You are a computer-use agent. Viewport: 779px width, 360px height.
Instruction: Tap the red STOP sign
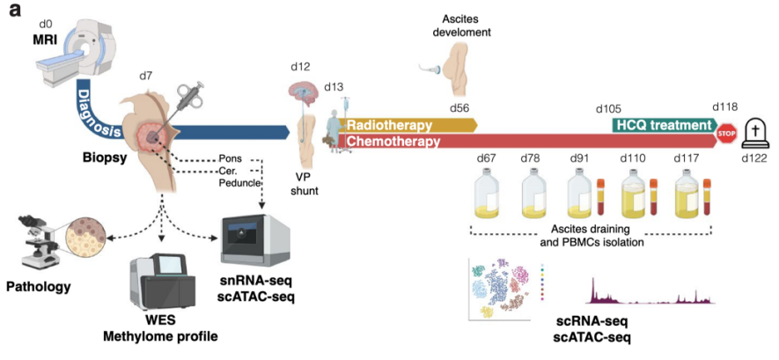726,134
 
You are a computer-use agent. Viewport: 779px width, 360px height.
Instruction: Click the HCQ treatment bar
662,125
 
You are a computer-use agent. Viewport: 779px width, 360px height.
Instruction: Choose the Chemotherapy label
393,141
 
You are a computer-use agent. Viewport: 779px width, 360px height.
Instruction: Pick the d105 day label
608,108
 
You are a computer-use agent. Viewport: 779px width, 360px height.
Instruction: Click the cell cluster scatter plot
502,290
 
